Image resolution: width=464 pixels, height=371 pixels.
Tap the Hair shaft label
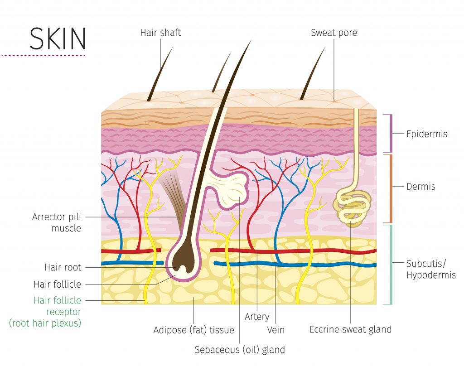pos(160,33)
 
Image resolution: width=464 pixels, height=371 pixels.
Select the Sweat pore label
pos(333,33)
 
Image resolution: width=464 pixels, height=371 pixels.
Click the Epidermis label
pos(426,134)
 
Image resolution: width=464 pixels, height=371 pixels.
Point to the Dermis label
pos(420,187)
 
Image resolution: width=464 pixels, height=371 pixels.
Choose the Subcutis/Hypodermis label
pos(430,269)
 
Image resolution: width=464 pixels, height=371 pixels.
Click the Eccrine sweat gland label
pos(350,330)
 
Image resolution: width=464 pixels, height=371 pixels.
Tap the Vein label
pos(275,330)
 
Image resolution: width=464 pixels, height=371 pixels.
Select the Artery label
pos(257,317)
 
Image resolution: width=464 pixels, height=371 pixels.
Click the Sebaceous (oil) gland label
pos(240,350)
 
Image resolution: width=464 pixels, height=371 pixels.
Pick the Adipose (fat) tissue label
pos(193,330)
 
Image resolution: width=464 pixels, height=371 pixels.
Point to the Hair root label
pos(63,267)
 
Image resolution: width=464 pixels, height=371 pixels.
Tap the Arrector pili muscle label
pos(56,222)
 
